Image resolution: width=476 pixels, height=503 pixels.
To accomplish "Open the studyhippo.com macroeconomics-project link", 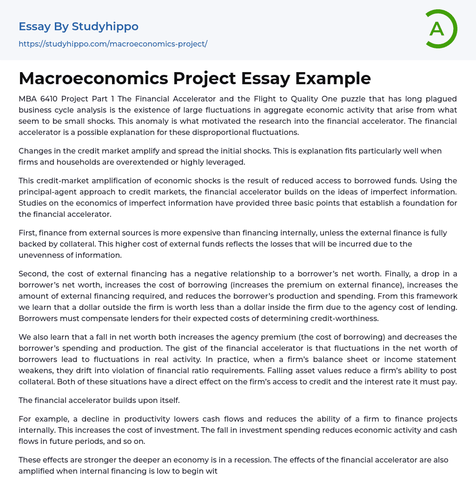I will [113, 44].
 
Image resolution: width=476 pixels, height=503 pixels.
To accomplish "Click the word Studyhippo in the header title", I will [105, 27].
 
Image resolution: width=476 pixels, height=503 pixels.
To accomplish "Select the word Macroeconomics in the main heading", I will [93, 78].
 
